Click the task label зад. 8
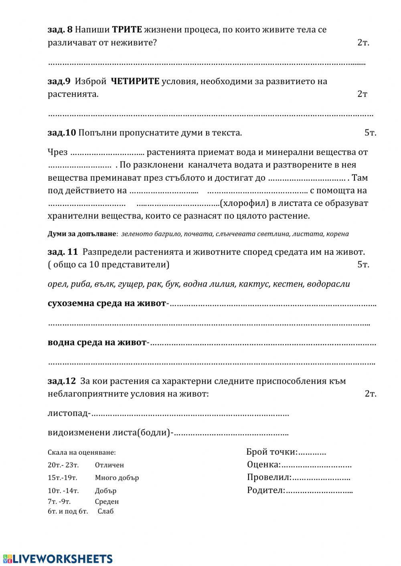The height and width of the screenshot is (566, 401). [60, 30]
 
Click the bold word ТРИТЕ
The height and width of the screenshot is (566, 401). [127, 30]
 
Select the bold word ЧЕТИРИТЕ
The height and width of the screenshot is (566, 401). [134, 81]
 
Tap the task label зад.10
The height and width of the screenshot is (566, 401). [62, 133]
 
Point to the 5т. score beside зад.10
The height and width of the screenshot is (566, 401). [370, 133]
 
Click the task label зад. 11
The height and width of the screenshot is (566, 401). [63, 252]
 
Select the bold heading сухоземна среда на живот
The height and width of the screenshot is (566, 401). [107, 303]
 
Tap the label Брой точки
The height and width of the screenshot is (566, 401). [271, 452]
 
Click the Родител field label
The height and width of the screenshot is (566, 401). [265, 490]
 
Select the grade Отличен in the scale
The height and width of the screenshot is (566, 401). [109, 465]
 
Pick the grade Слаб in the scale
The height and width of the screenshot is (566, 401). [105, 511]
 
